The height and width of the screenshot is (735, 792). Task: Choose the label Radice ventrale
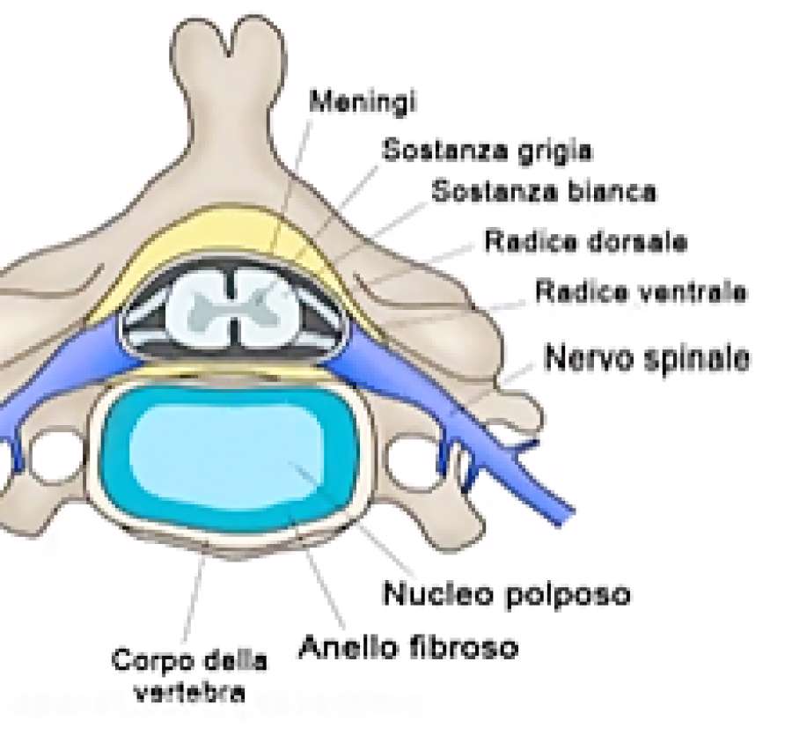pyautogui.click(x=641, y=291)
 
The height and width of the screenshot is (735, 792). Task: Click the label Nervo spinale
pyautogui.click(x=648, y=358)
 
